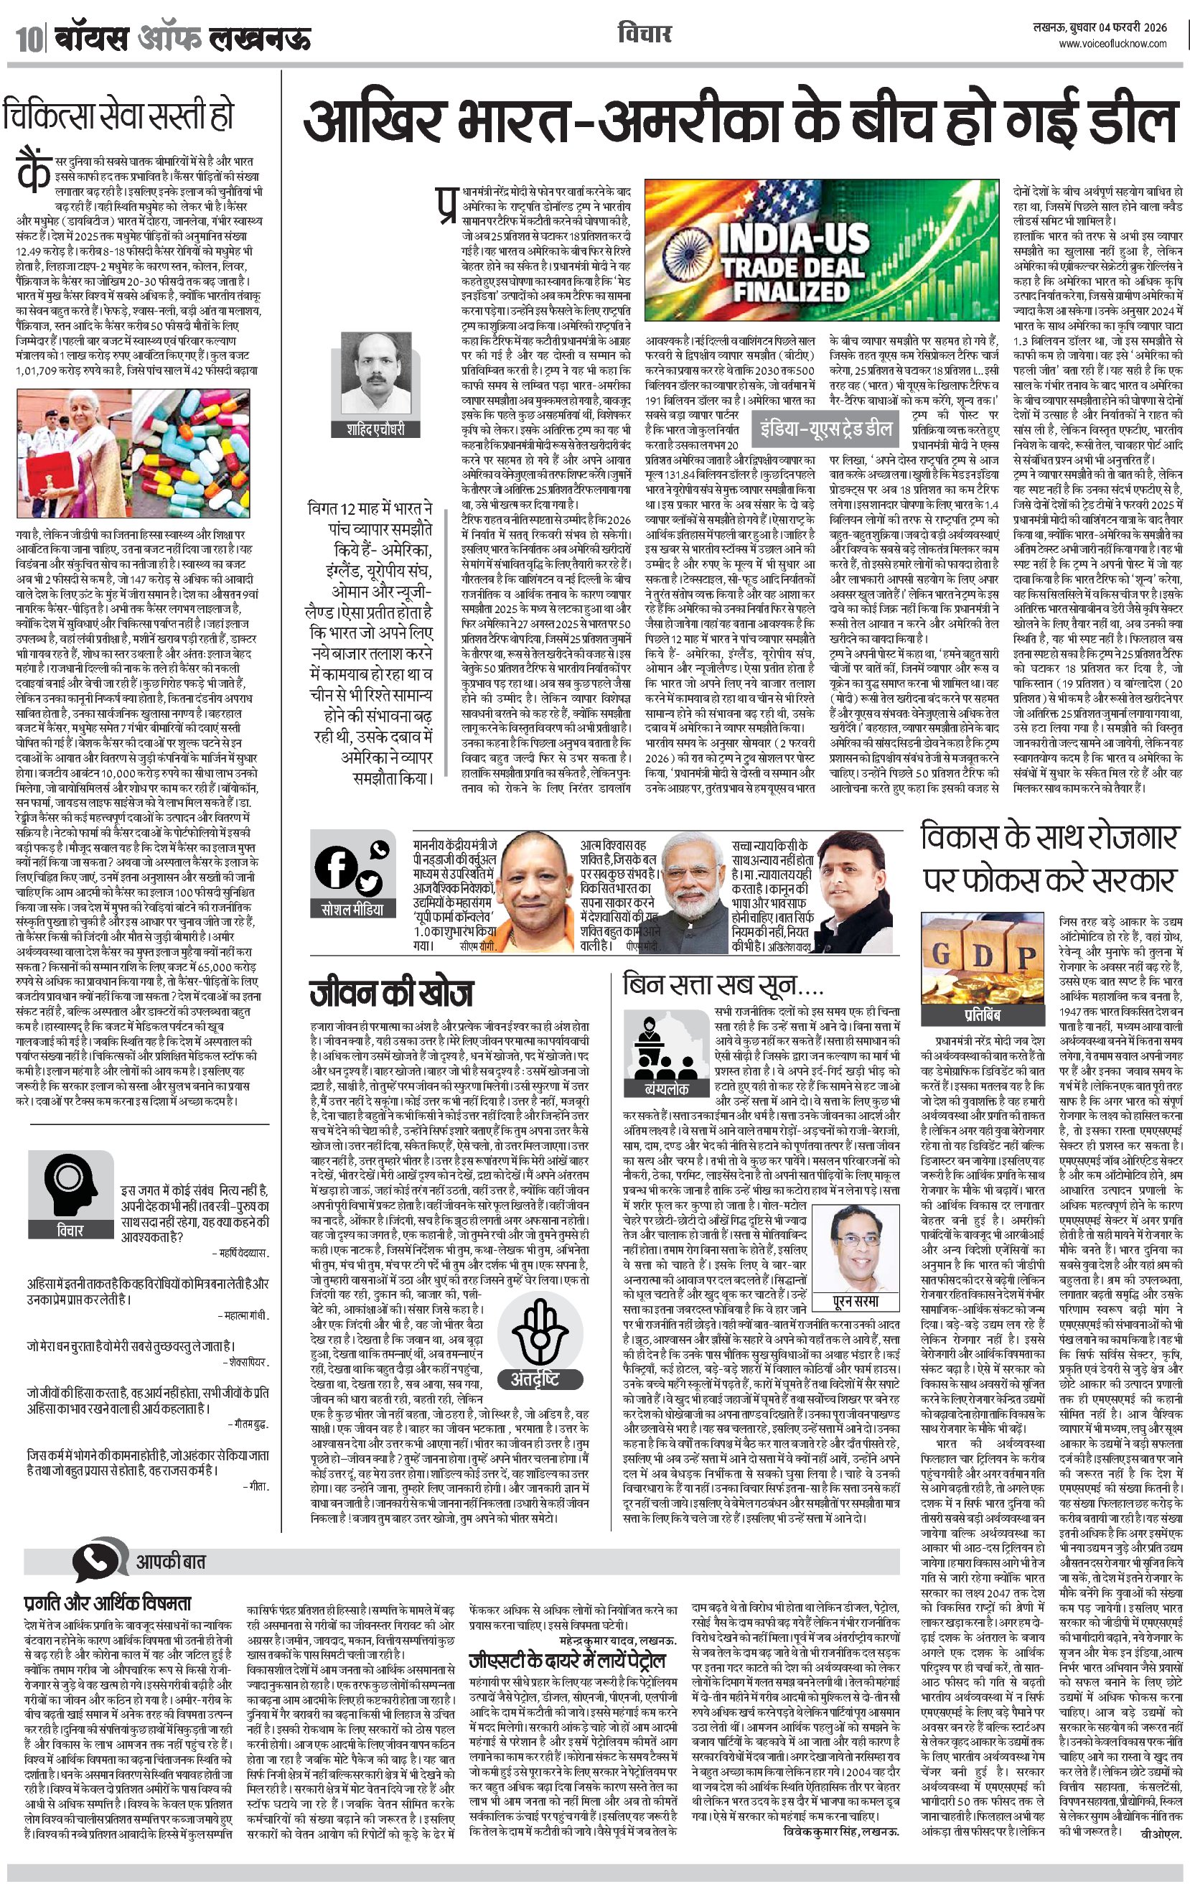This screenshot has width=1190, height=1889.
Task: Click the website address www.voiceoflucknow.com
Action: click(x=1112, y=44)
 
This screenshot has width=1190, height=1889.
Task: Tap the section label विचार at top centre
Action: click(x=644, y=34)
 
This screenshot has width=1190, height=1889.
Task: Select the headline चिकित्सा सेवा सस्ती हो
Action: click(x=118, y=116)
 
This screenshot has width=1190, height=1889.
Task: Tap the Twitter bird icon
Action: click(x=368, y=883)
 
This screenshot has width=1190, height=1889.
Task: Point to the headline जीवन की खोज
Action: click(x=390, y=993)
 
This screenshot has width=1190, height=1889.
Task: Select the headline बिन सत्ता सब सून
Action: click(x=722, y=984)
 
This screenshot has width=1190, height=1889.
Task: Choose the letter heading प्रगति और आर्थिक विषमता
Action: click(x=108, y=1602)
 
